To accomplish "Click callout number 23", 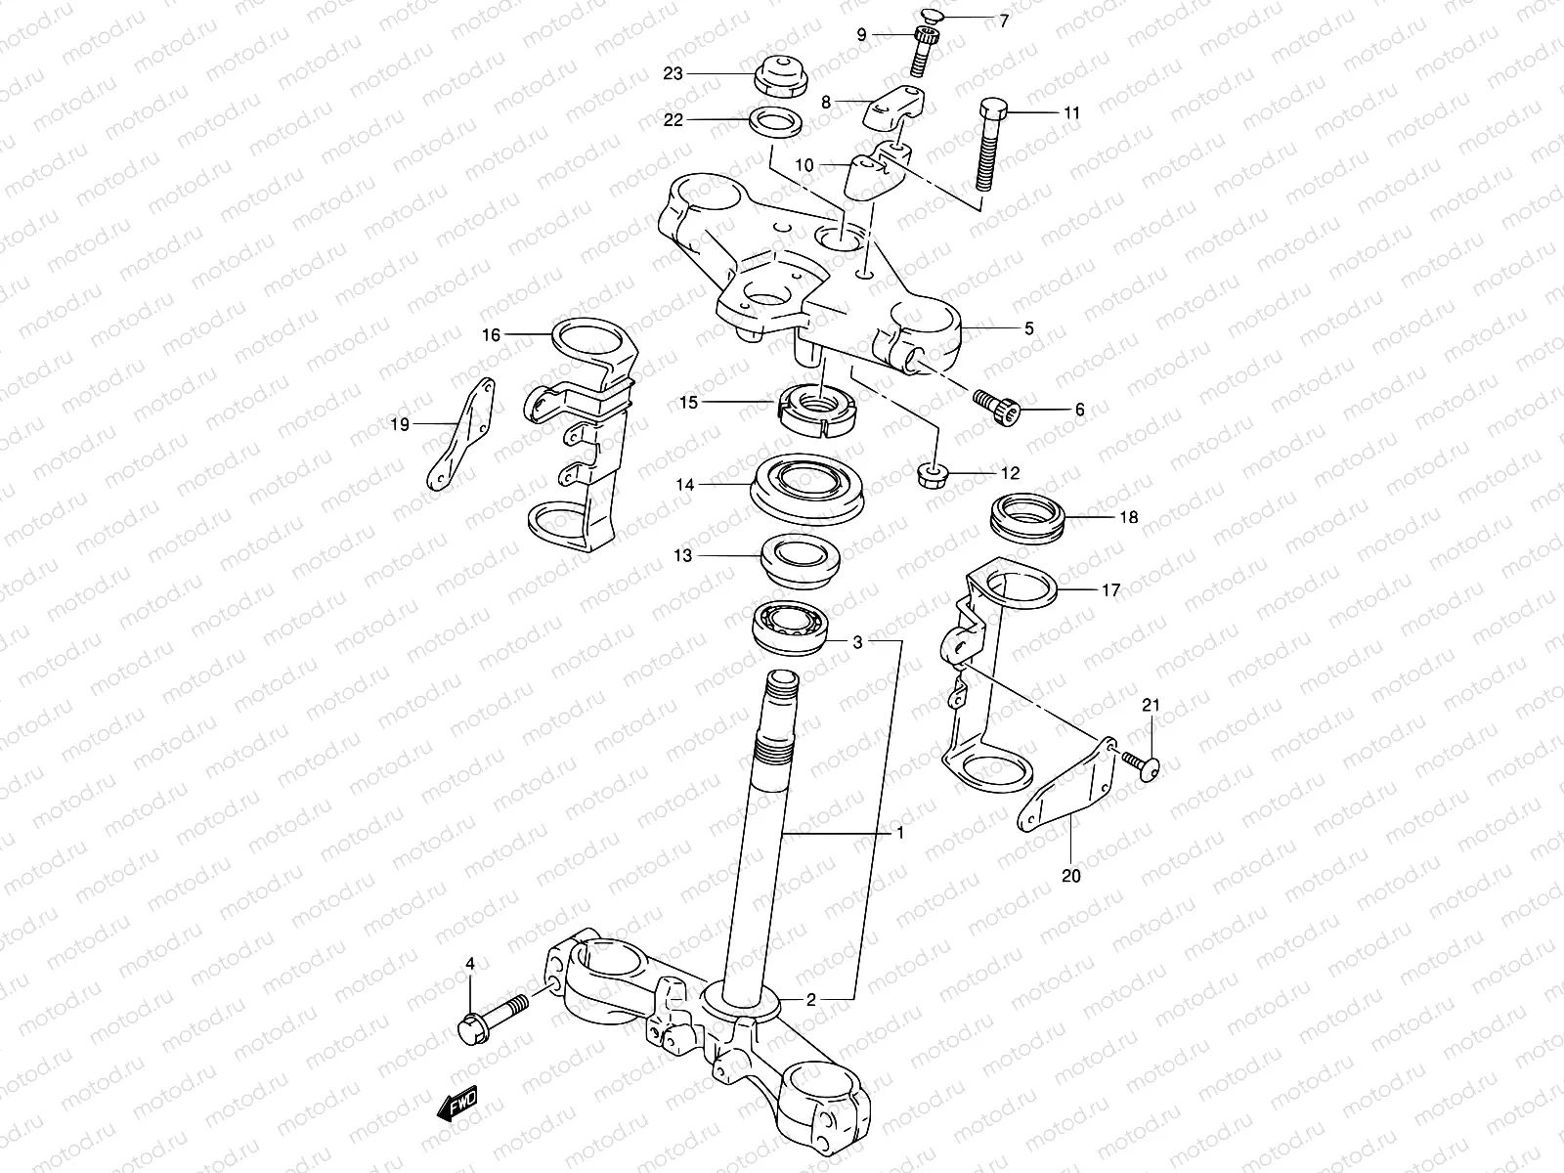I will [699, 73].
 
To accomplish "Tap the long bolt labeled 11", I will [988, 147].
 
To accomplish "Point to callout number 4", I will [470, 965].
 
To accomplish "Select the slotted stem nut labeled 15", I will [817, 409].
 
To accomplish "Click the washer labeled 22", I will [777, 123].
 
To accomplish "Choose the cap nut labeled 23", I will [779, 76].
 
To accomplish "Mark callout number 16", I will [490, 335].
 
